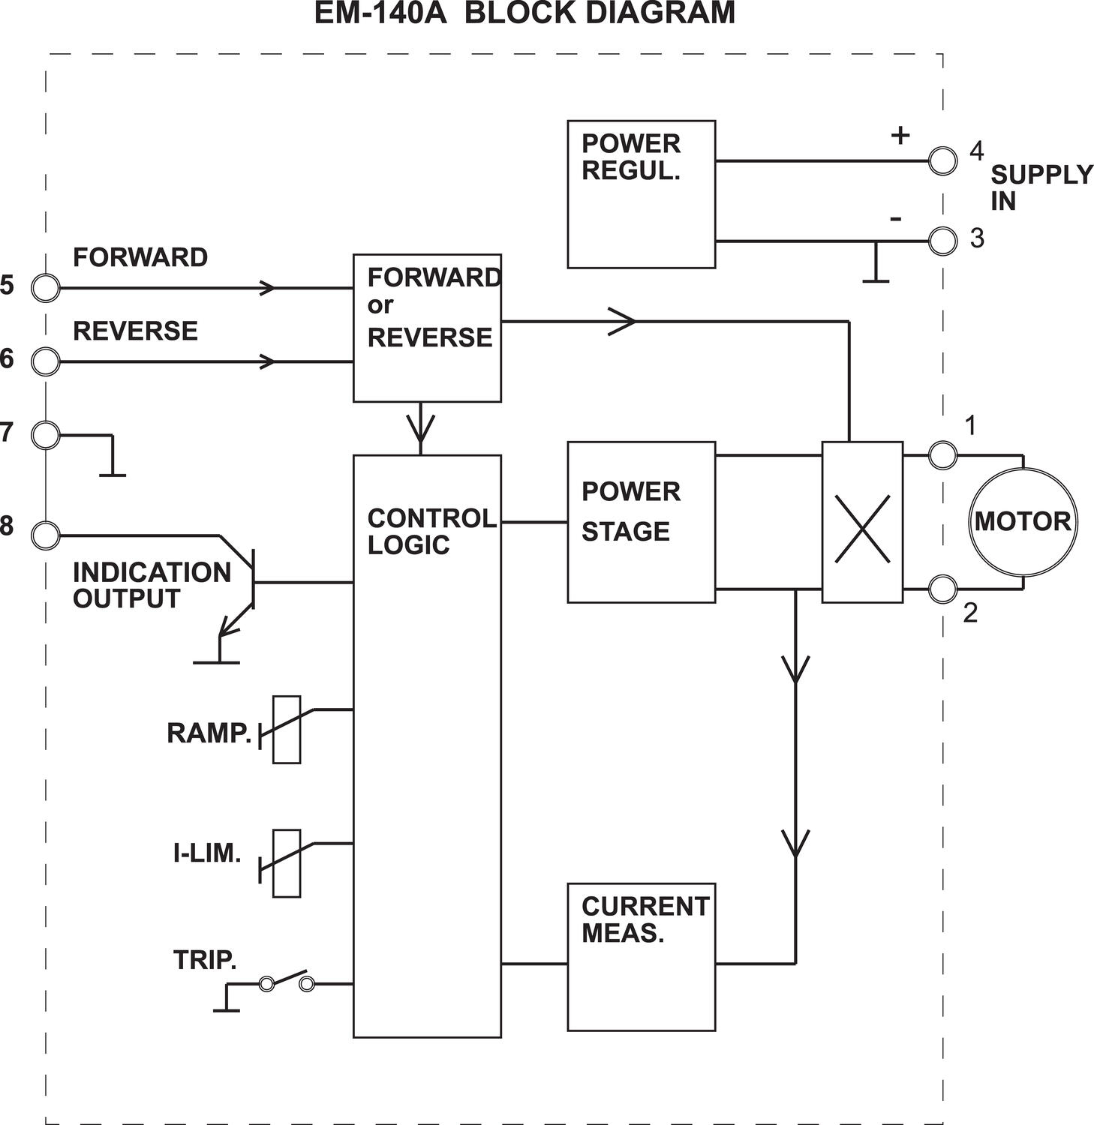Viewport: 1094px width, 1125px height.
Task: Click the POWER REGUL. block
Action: coord(641,194)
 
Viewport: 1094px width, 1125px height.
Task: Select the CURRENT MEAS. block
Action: coord(641,957)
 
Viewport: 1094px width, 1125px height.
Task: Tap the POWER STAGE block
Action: coord(641,522)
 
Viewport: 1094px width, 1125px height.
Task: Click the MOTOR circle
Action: coord(1022,522)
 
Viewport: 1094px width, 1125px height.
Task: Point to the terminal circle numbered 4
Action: coord(942,160)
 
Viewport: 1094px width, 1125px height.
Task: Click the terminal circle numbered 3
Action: coord(942,241)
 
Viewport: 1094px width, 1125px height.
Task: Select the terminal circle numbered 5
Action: coord(46,288)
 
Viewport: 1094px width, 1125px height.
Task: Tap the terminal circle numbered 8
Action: coord(46,535)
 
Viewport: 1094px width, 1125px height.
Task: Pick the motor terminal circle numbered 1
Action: coord(942,454)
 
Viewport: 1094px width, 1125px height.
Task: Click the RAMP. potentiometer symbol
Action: coord(286,730)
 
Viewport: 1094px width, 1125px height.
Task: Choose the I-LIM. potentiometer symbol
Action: coord(286,863)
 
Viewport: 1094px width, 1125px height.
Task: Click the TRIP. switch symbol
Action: coord(286,982)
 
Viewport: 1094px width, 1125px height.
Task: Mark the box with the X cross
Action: coord(862,522)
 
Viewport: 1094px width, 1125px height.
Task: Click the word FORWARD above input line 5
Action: coord(140,257)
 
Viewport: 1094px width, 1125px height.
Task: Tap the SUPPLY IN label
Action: coord(1040,187)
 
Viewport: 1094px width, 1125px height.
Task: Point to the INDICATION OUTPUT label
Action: coord(151,585)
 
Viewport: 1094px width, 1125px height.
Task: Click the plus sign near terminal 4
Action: coord(900,135)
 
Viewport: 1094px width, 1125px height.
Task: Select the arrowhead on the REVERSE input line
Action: coord(267,361)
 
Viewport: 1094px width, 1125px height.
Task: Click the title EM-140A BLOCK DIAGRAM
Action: coord(524,13)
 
